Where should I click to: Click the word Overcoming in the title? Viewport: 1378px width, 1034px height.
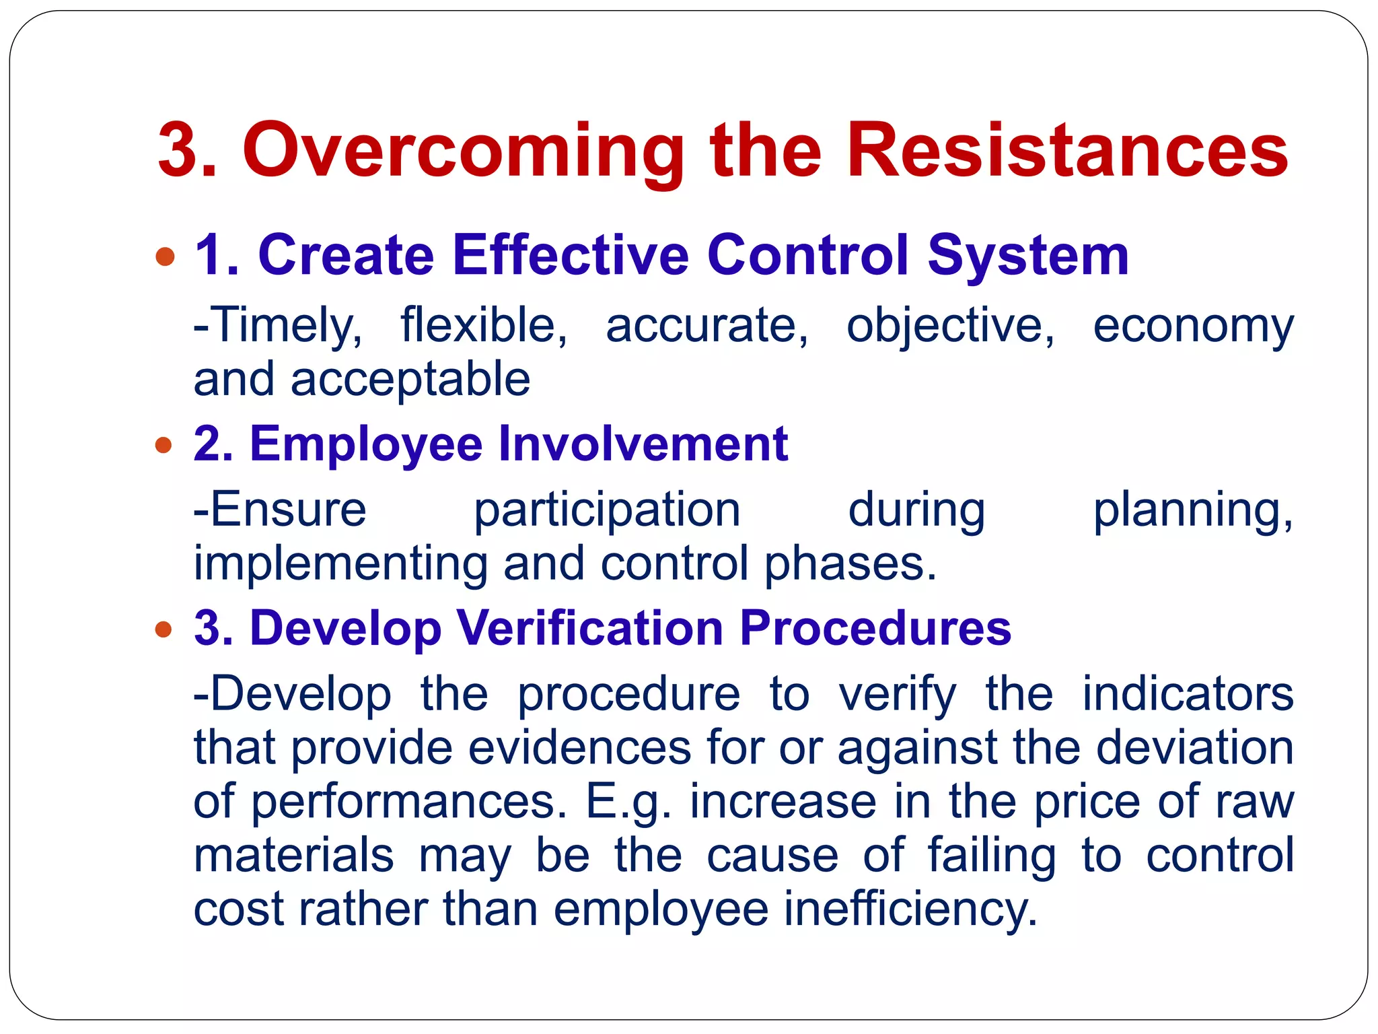tap(463, 151)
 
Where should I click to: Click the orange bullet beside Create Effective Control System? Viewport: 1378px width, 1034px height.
tap(164, 256)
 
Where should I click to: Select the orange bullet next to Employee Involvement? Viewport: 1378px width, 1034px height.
tap(164, 445)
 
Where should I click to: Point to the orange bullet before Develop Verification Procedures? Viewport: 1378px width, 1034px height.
tap(164, 629)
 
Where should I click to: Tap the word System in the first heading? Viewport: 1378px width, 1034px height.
tap(1027, 256)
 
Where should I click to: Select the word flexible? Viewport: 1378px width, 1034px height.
tap(484, 325)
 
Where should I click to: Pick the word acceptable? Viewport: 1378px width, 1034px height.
tap(410, 379)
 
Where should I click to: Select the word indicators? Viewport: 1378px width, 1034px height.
tap(1188, 694)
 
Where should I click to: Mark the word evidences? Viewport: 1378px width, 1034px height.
tap(579, 748)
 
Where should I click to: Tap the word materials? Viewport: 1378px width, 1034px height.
tap(293, 856)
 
